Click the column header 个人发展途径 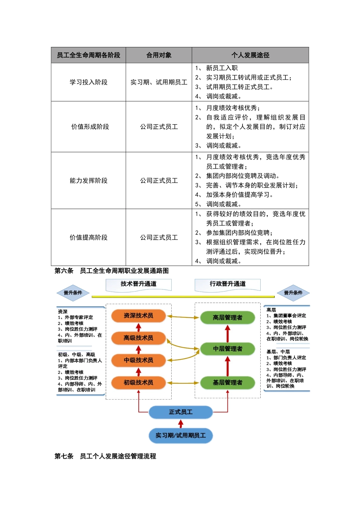click(x=250, y=55)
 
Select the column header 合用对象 click(x=159, y=55)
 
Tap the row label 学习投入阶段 click(x=88, y=82)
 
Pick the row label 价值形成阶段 click(x=90, y=127)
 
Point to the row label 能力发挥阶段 click(x=88, y=181)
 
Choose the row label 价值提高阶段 click(x=88, y=237)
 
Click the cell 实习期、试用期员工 click(x=159, y=82)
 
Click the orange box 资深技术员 click(x=138, y=315)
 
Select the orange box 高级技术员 click(x=138, y=338)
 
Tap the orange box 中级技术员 click(x=138, y=360)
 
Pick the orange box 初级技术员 click(x=138, y=383)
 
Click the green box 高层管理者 click(x=227, y=317)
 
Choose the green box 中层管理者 click(x=227, y=348)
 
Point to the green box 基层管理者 click(x=227, y=383)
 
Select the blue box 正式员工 click(x=180, y=412)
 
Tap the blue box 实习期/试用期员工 click(x=180, y=436)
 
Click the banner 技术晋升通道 click(x=138, y=284)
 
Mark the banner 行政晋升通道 click(x=227, y=284)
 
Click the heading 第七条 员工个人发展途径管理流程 click(x=105, y=456)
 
